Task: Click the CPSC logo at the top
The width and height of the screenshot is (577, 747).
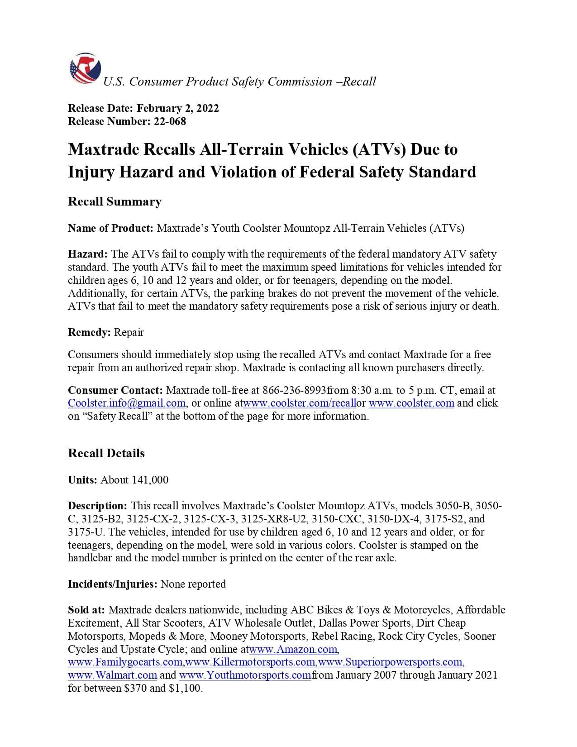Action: [85, 69]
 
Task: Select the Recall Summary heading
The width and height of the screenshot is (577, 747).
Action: [114, 201]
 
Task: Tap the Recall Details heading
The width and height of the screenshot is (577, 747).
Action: [106, 453]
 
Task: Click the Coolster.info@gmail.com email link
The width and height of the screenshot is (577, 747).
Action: [127, 403]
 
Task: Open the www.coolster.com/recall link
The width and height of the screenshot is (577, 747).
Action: [300, 403]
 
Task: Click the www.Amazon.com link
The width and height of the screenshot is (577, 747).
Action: [293, 649]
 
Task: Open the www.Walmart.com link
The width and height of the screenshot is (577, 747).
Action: [113, 675]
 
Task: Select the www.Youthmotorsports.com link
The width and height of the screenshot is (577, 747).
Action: [245, 675]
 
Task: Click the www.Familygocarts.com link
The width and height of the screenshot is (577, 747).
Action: [125, 662]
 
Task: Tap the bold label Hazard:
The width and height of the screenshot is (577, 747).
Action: [88, 254]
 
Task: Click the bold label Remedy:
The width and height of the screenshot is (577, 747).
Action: [89, 332]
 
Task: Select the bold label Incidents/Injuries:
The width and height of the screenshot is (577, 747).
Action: [113, 584]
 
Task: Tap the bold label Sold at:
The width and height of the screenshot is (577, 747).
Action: [86, 610]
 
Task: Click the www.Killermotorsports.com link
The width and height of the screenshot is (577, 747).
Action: [250, 662]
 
